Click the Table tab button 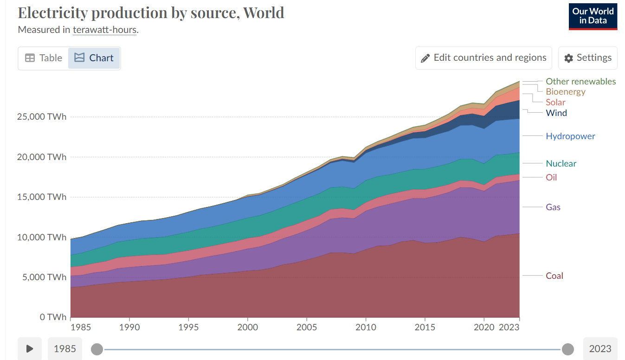tap(43, 58)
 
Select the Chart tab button tap(94, 58)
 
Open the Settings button tap(587, 58)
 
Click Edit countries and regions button tap(483, 58)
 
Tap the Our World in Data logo tap(593, 17)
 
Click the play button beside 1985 tap(30, 348)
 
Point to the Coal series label tap(554, 276)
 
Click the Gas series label tap(553, 207)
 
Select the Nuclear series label tap(561, 163)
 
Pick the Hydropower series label tap(570, 136)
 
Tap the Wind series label tap(556, 113)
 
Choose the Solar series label tap(555, 102)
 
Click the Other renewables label tap(580, 81)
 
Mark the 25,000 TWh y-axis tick tap(42, 116)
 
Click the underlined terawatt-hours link tap(104, 30)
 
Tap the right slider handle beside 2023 tap(567, 349)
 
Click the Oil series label tap(551, 177)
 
